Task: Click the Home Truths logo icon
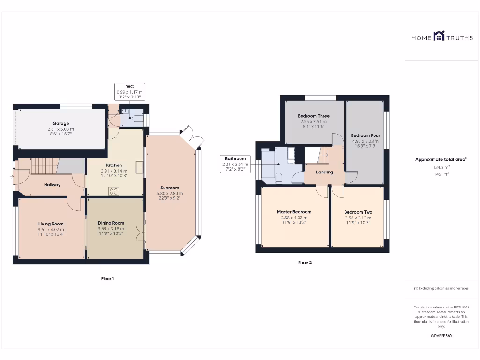click(439, 36)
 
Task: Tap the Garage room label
click(60, 124)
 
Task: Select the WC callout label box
click(130, 91)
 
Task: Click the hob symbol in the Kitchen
click(114, 190)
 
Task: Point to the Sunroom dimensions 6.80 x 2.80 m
click(170, 193)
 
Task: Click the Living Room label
click(51, 224)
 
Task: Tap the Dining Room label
click(111, 223)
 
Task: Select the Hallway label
click(52, 185)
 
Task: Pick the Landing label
click(324, 172)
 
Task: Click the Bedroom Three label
click(314, 116)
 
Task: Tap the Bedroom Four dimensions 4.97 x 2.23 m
click(366, 141)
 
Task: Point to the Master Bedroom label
click(294, 212)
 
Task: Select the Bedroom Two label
click(358, 212)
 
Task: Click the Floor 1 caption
click(107, 279)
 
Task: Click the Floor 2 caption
click(305, 262)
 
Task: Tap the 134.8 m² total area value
click(441, 167)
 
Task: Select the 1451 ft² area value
click(441, 174)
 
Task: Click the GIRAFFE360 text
click(441, 336)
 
